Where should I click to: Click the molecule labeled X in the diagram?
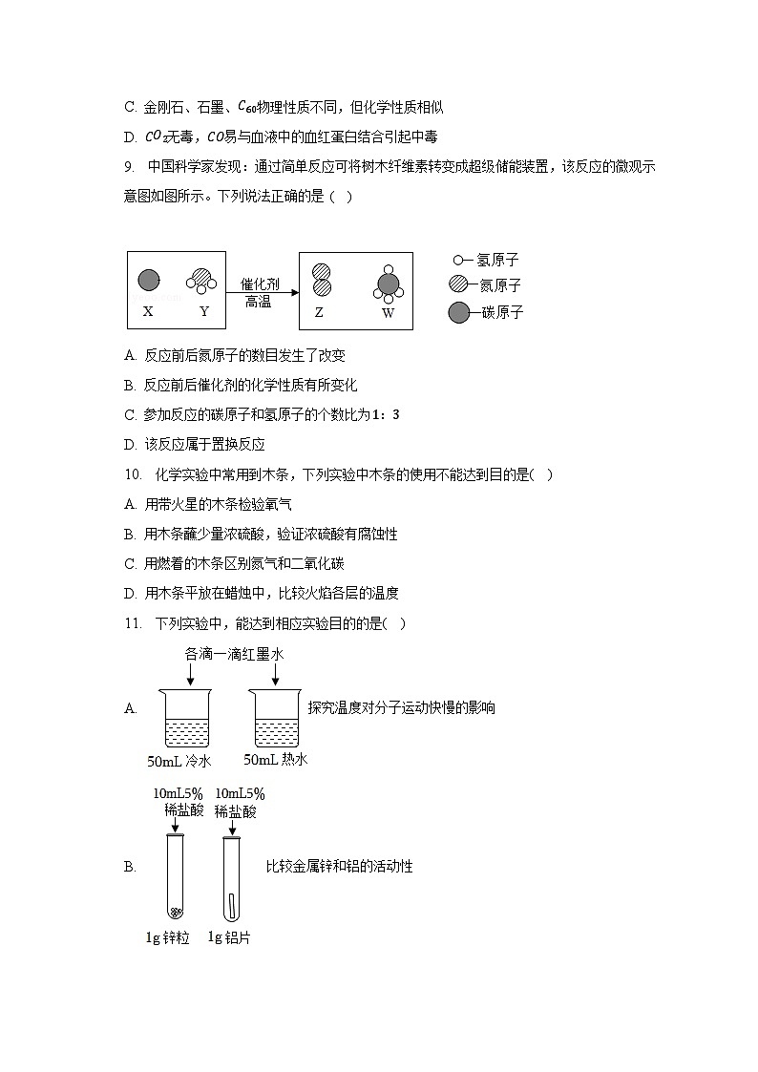[x=148, y=280]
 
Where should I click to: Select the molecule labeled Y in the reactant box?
[x=202, y=279]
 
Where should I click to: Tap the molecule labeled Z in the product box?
[x=322, y=279]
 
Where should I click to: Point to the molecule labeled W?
[x=387, y=284]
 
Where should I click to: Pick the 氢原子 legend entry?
[x=486, y=260]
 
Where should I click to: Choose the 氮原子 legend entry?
[x=486, y=285]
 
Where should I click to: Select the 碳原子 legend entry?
[x=486, y=312]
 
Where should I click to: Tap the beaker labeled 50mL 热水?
[x=276, y=718]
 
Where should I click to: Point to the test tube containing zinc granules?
[x=175, y=876]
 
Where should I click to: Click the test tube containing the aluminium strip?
[x=230, y=876]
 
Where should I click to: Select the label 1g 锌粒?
[x=167, y=937]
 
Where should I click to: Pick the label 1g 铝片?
[x=229, y=937]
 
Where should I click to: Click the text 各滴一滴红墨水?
[x=234, y=655]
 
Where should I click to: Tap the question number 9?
[x=129, y=167]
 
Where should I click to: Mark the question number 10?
[x=133, y=474]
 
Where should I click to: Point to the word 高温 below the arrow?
[x=258, y=302]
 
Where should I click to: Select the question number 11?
[x=133, y=623]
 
